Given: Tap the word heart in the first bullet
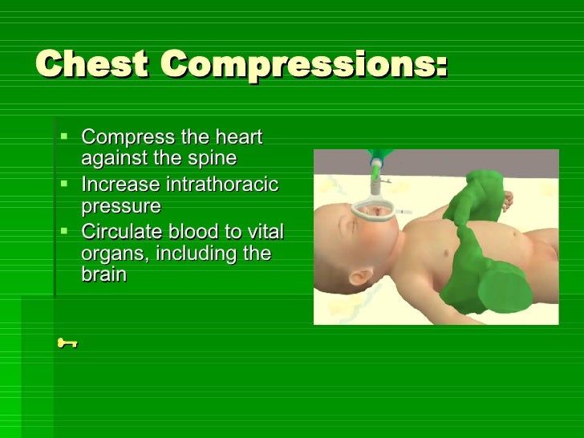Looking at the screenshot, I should click(x=240, y=137).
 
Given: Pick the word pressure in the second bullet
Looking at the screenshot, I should click(x=121, y=206).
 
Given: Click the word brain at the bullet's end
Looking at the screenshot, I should click(x=103, y=274).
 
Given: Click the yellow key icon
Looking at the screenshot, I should click(x=67, y=343).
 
